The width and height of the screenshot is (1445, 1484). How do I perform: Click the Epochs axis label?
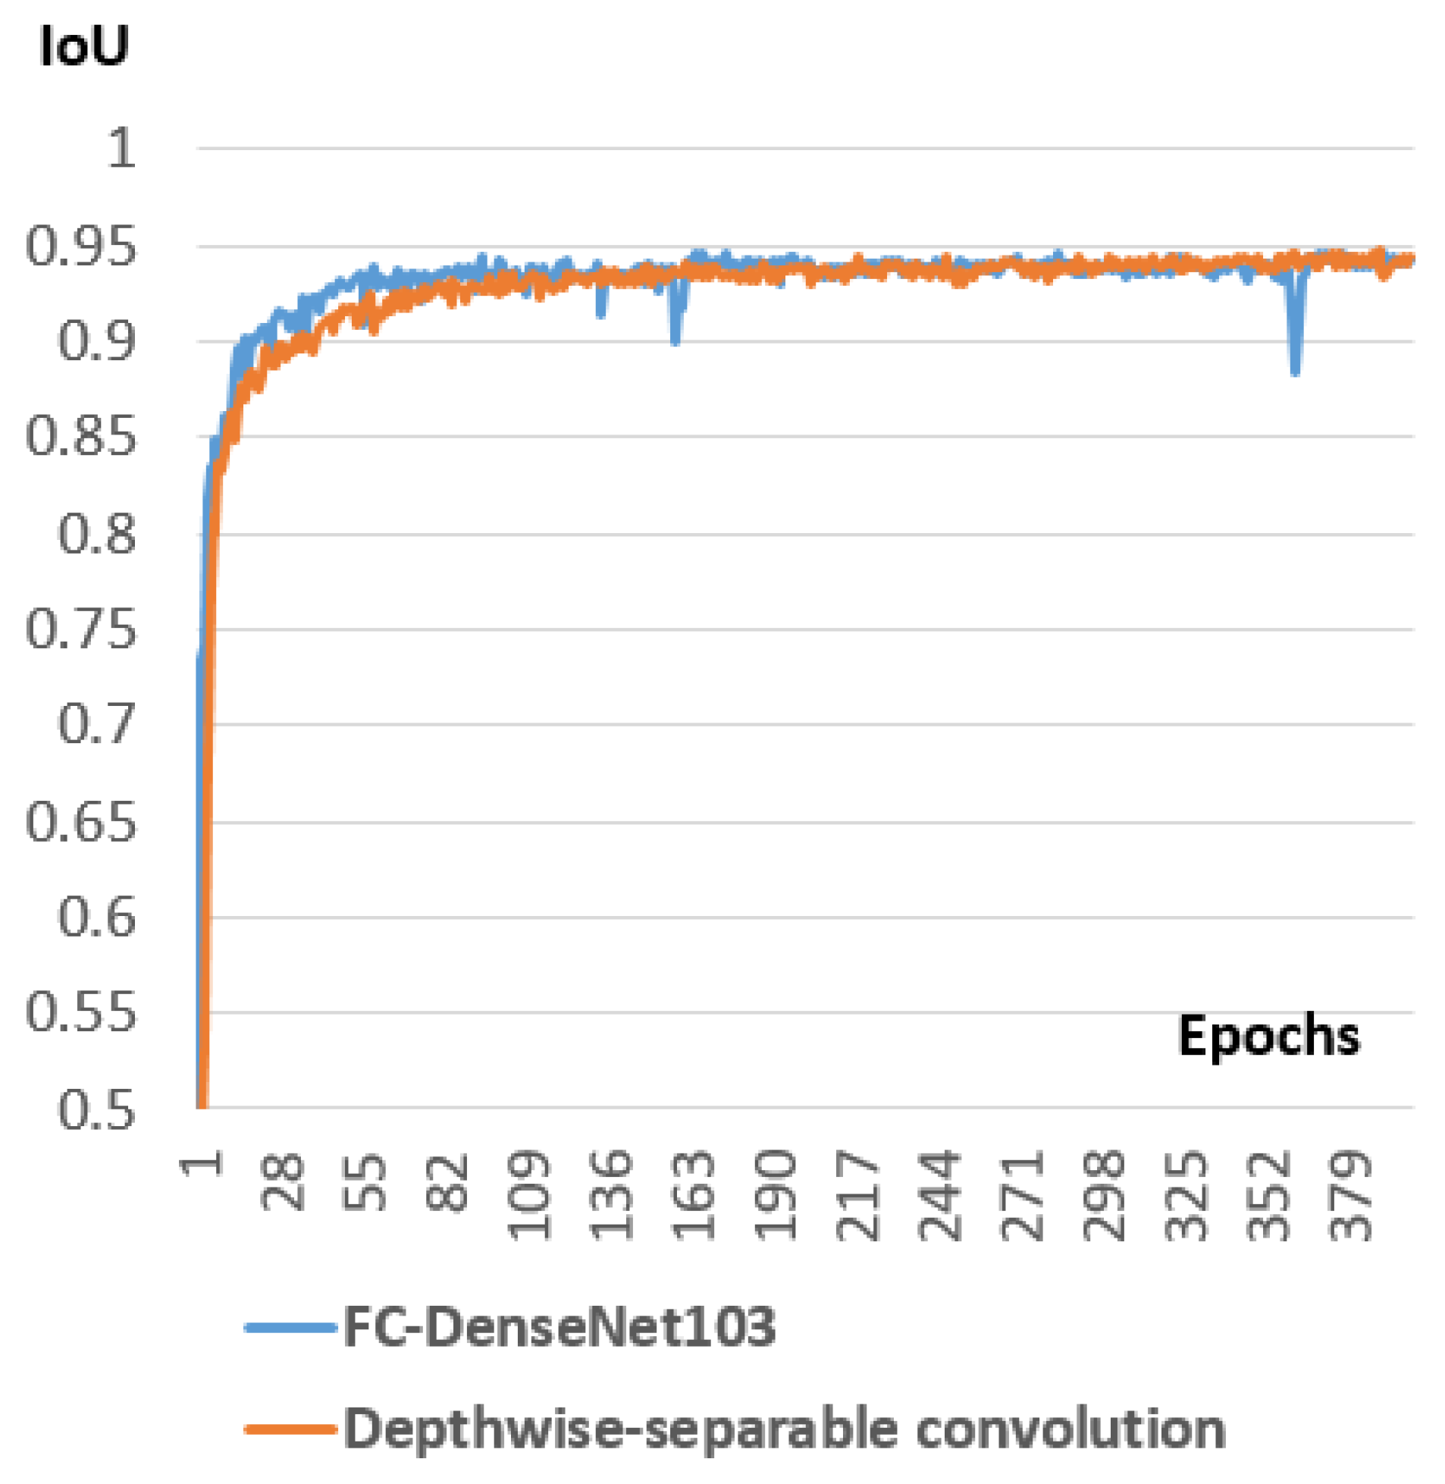(1268, 1035)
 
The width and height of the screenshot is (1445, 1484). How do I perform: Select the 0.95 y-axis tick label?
(81, 246)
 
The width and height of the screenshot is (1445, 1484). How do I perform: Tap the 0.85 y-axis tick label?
(81, 438)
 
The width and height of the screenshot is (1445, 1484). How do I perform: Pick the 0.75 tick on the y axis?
(81, 629)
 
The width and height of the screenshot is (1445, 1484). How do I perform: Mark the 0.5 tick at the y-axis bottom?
(96, 1111)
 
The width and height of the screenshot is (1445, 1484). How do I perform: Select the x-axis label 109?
(529, 1196)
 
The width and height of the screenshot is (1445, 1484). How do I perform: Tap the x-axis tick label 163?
(694, 1196)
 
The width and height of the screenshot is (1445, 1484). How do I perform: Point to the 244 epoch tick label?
(940, 1196)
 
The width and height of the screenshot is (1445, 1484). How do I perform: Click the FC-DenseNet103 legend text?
(560, 1325)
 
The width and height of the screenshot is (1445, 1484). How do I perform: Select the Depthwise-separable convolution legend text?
(784, 1429)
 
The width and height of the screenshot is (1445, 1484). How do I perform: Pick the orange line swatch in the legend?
(290, 1429)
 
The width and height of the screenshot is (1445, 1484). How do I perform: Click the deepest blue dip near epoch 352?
(1296, 370)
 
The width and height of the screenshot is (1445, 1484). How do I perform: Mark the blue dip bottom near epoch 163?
(675, 340)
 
